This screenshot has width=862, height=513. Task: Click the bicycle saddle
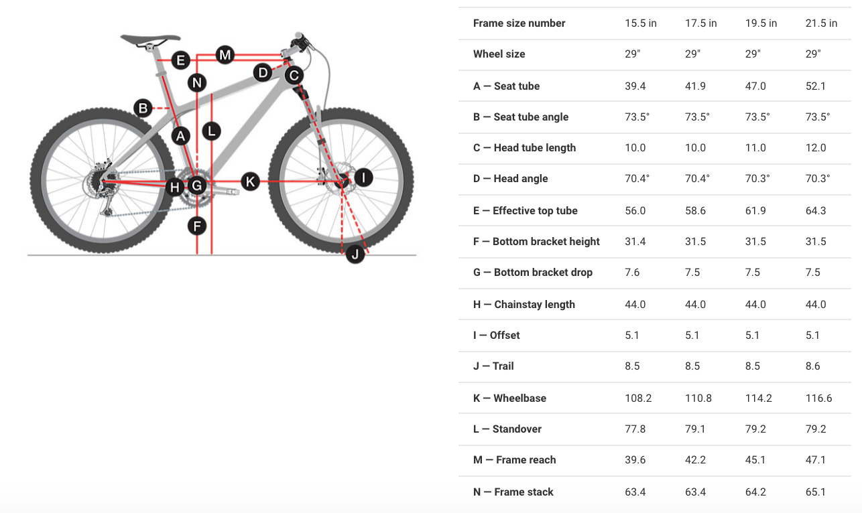click(x=150, y=38)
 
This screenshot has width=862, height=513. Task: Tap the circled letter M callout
click(x=225, y=55)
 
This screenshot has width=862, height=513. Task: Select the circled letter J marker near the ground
click(x=355, y=254)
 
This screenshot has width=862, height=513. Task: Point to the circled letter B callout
click(x=143, y=108)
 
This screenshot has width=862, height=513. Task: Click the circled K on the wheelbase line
click(x=250, y=181)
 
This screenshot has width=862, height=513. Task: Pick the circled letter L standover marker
click(x=211, y=131)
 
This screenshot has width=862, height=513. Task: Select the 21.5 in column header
click(x=821, y=23)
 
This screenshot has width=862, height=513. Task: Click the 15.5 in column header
click(x=641, y=23)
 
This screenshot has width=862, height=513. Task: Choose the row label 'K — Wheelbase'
click(x=509, y=398)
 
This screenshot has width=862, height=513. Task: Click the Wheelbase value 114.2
click(x=759, y=398)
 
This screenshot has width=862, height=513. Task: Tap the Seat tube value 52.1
click(x=816, y=86)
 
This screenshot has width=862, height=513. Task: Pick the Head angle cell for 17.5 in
click(x=697, y=178)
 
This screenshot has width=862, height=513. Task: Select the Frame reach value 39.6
click(x=635, y=459)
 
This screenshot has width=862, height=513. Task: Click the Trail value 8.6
click(x=813, y=366)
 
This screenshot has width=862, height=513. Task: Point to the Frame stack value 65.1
click(x=816, y=492)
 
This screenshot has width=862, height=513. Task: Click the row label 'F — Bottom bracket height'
click(x=536, y=242)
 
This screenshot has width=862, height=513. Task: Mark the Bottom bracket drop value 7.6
click(x=632, y=273)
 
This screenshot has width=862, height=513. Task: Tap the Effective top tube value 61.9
click(x=755, y=211)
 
